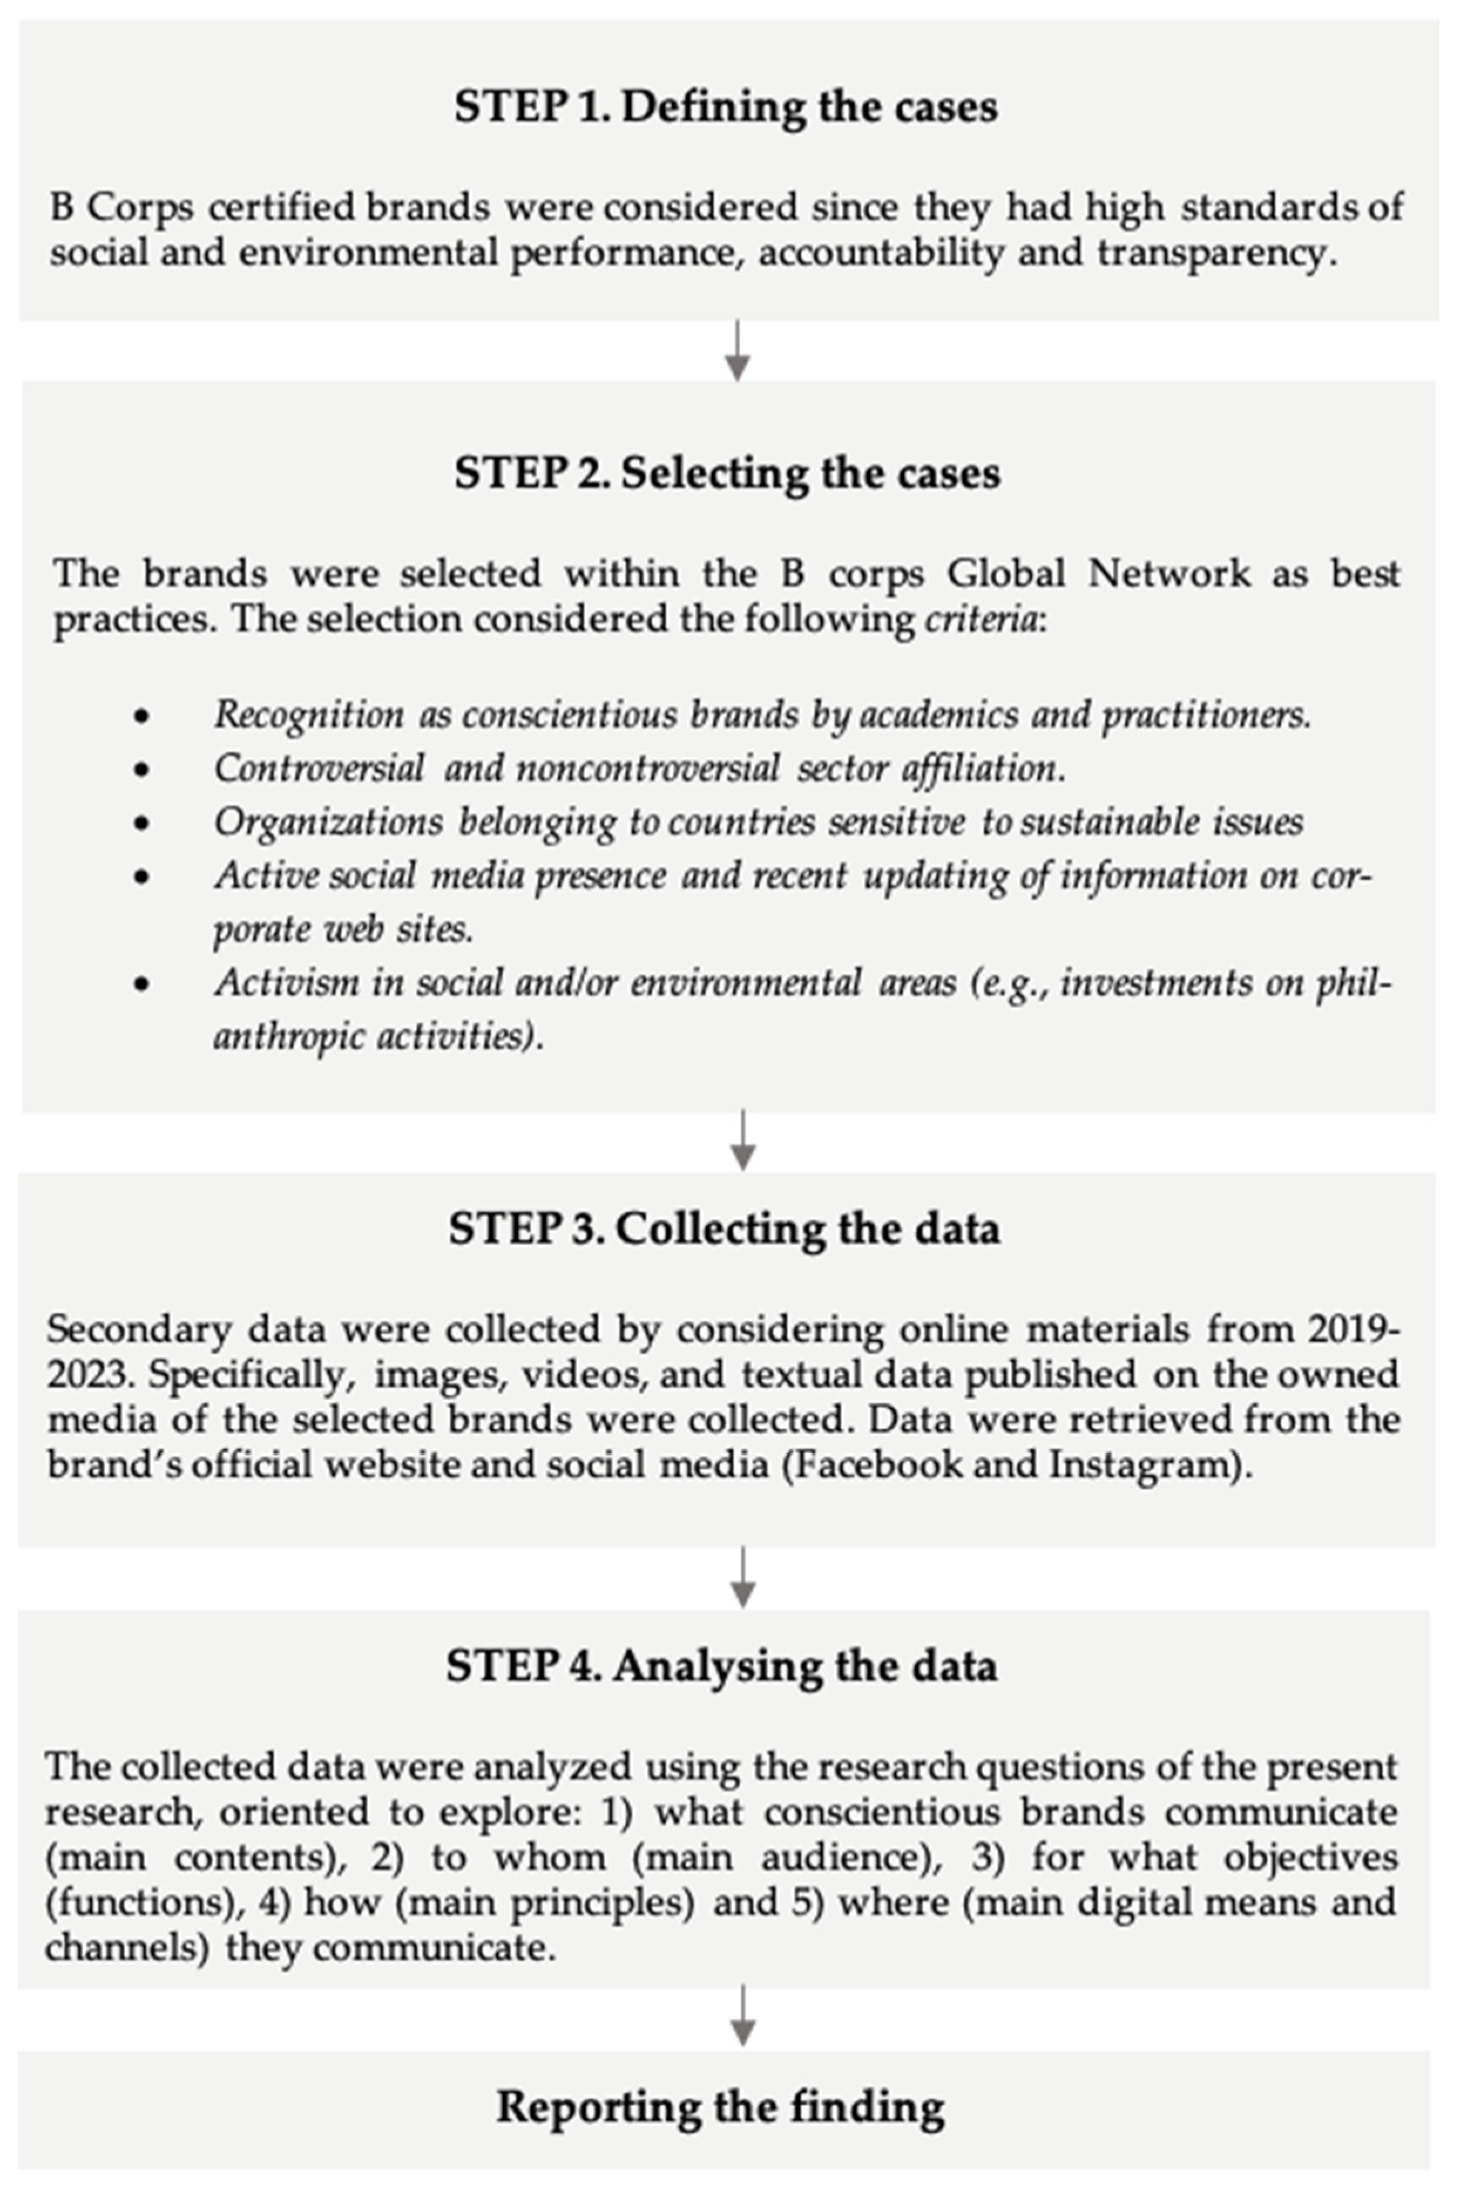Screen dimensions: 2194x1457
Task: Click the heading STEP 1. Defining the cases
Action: pos(726,107)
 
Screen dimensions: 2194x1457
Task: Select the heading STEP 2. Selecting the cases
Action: pos(728,473)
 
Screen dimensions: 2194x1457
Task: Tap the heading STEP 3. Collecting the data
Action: pos(725,1229)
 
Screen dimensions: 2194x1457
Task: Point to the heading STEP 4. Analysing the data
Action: pos(722,1665)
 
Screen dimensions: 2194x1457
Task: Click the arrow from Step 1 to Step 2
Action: pos(737,351)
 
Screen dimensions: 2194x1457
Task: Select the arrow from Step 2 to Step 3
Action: pos(742,1140)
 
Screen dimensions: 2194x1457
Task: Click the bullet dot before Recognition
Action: pos(141,716)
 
